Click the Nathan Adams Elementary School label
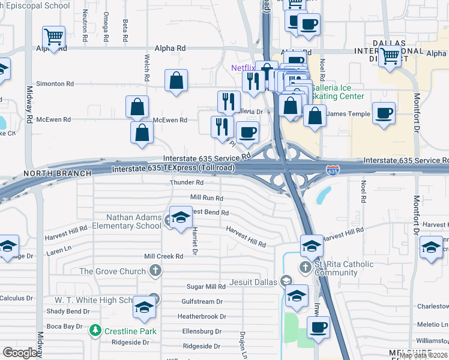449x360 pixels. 125,221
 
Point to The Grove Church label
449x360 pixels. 113,271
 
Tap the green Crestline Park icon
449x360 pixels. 95,331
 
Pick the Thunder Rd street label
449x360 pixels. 187,182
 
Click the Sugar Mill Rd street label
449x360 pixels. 205,287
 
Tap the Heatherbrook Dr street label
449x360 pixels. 202,316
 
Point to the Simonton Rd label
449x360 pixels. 55,84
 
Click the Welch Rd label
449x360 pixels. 146,67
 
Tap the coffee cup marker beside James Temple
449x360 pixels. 384,113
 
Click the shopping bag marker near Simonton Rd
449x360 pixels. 176,80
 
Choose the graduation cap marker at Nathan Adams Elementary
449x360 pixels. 181,217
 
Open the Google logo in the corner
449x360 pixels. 20,353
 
